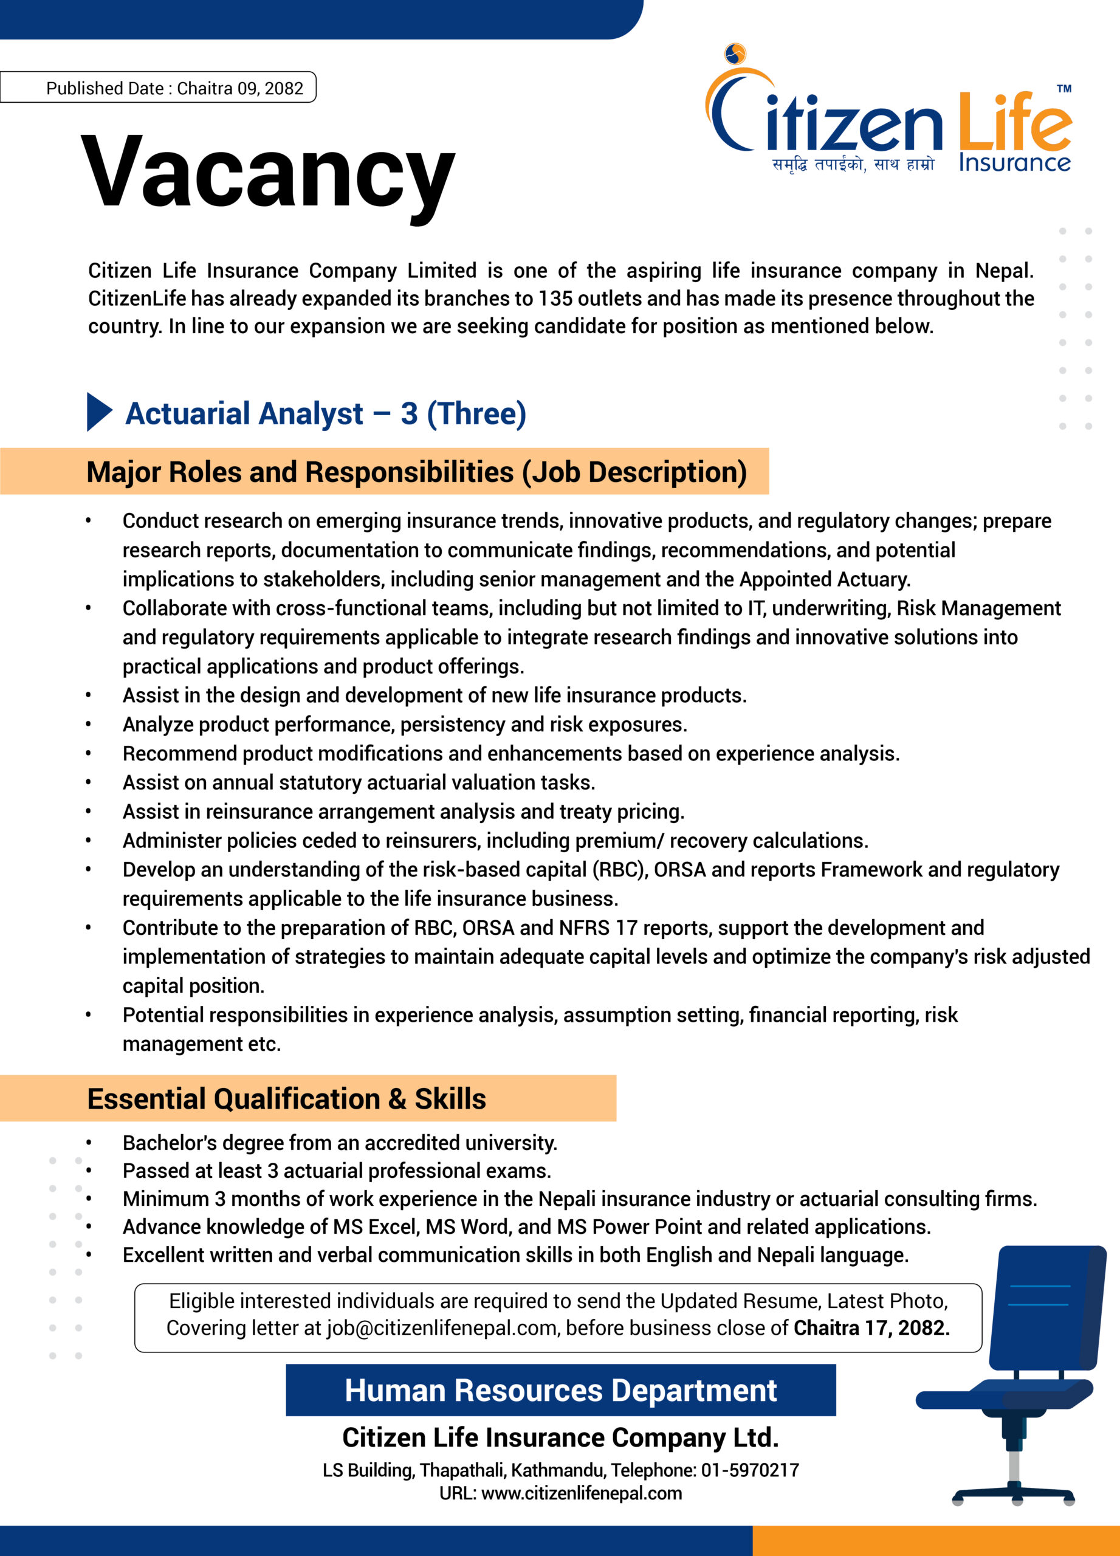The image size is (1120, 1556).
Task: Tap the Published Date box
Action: (158, 88)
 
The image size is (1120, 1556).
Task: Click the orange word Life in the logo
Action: (1014, 122)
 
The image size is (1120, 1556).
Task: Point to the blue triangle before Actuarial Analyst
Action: (99, 411)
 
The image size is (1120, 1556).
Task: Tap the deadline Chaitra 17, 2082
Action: (870, 1327)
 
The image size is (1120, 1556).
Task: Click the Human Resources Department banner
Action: (560, 1390)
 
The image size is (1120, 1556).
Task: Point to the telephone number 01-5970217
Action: (750, 1470)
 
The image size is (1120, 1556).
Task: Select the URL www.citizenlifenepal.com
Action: (582, 1493)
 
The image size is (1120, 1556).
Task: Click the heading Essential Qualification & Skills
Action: (287, 1098)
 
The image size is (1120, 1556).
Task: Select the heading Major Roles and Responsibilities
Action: (416, 472)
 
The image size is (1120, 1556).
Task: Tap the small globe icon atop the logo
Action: (735, 53)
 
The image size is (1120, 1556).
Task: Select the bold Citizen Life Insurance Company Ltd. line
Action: (560, 1437)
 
